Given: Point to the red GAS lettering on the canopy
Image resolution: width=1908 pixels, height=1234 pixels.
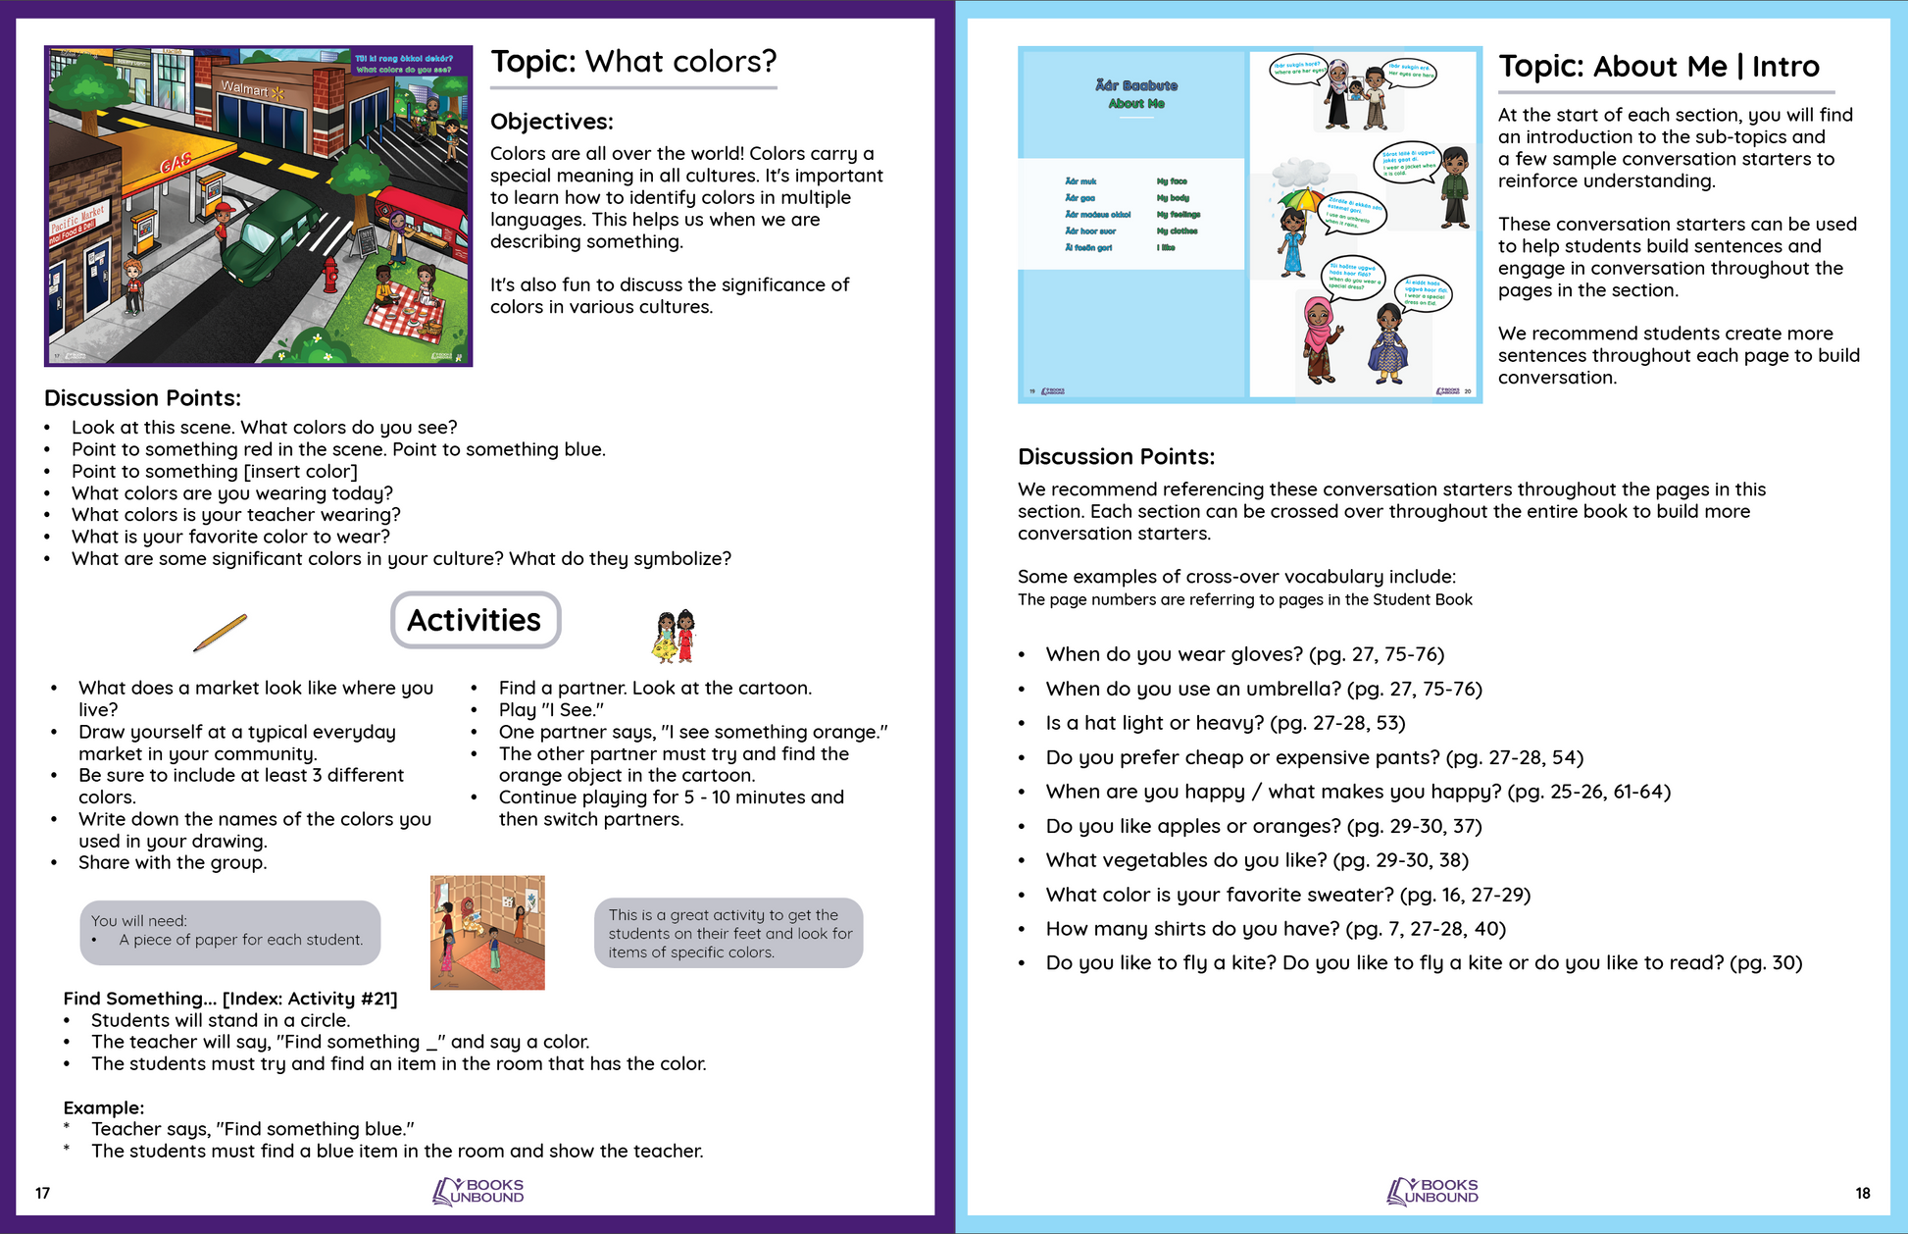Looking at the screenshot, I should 176,162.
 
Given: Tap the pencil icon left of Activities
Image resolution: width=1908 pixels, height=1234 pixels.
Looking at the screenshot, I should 221,632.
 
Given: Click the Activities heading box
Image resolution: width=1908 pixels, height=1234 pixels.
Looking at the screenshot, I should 476,620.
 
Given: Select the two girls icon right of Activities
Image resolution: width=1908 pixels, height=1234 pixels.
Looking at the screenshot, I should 674,635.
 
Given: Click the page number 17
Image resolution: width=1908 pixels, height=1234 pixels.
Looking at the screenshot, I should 42,1193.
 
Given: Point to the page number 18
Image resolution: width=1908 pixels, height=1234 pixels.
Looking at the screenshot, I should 1862,1193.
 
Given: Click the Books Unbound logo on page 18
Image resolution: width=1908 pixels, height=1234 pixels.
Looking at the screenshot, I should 1432,1191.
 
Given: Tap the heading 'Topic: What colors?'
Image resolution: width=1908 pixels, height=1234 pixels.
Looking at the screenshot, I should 633,62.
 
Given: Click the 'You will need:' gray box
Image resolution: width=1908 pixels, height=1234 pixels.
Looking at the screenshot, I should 230,931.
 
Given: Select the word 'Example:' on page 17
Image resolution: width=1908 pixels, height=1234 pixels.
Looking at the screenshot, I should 103,1107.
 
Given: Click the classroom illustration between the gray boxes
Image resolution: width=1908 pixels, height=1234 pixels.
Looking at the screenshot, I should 487,932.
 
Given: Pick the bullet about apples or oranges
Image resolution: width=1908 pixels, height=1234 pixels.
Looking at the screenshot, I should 1263,826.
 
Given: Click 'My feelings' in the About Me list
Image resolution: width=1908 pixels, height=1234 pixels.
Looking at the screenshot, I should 1178,214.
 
